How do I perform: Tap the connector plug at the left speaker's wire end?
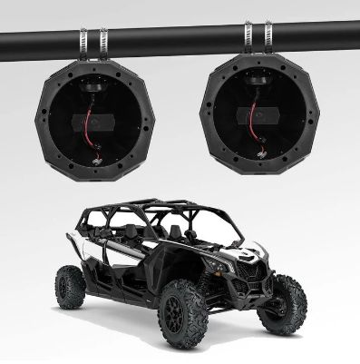coord(94,156)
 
